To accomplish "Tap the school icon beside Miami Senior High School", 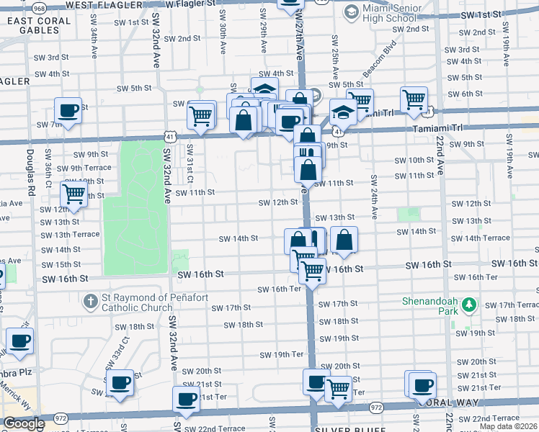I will pyautogui.click(x=350, y=11).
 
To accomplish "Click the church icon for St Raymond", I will pyautogui.click(x=90, y=300).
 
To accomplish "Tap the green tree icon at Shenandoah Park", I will pyautogui.click(x=470, y=305).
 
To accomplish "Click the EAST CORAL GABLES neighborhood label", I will pyautogui.click(x=39, y=26).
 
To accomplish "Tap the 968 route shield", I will pyautogui.click(x=40, y=7).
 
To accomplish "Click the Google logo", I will pyautogui.click(x=23, y=424).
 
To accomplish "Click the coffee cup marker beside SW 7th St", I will pyautogui.click(x=68, y=111).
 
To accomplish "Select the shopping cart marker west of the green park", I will pyautogui.click(x=73, y=194).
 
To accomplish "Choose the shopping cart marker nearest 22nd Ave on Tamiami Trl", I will pyautogui.click(x=414, y=99).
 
